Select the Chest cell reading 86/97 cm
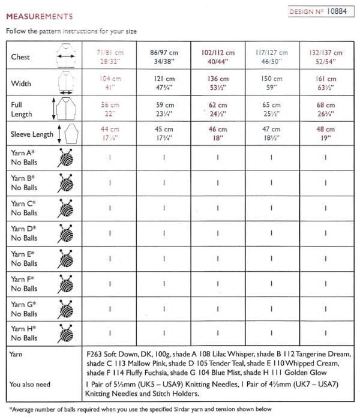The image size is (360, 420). point(164,57)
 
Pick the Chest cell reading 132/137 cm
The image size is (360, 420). point(326,57)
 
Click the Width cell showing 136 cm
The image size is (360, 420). point(218,83)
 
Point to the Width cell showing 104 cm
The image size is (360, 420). point(110,83)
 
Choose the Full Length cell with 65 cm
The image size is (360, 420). point(272,109)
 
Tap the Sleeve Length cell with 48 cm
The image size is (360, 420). point(326,133)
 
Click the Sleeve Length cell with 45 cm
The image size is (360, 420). point(164,133)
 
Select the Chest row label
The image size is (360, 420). point(21,57)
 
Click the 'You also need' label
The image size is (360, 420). point(30,384)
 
